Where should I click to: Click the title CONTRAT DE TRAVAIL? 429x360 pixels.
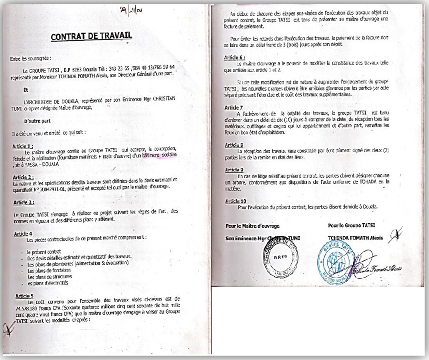[91, 37]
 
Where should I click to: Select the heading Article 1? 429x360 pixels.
[23, 146]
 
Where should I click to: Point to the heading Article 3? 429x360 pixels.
[23, 203]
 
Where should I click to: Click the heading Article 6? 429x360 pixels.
[234, 57]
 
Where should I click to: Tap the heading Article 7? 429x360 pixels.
[233, 108]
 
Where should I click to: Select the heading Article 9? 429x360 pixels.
[234, 170]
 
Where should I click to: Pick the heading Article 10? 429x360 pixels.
[235, 201]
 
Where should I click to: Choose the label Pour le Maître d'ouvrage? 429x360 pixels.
[253, 226]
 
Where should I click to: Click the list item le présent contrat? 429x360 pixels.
[44, 252]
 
